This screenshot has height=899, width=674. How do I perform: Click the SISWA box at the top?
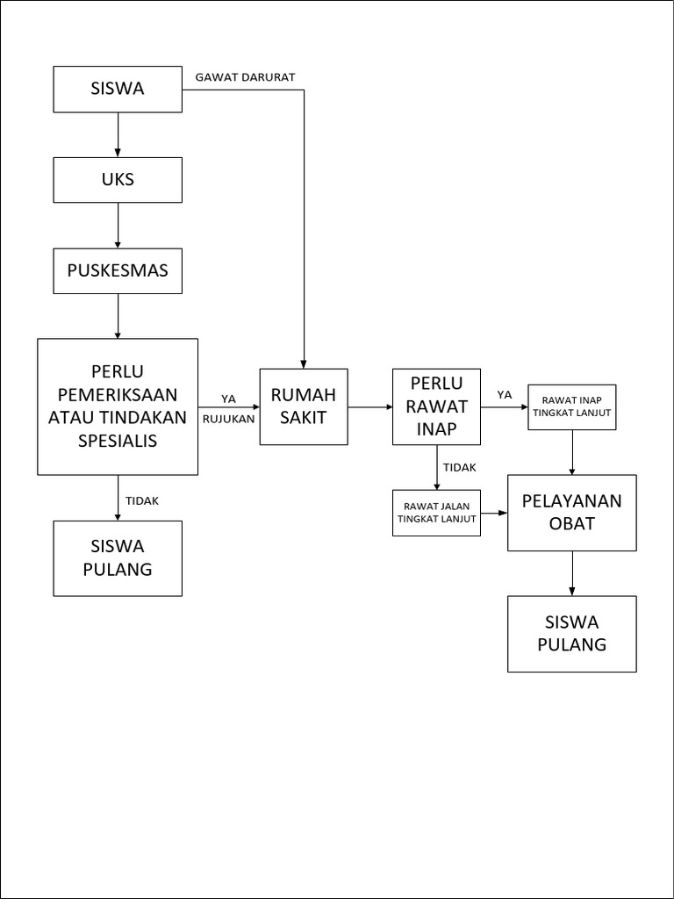pos(118,90)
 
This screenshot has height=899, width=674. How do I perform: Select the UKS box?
pos(118,180)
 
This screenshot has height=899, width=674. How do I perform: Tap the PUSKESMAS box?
pos(118,271)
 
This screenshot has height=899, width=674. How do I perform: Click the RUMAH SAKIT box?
pos(304,406)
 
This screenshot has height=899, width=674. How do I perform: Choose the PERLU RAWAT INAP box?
pos(436,406)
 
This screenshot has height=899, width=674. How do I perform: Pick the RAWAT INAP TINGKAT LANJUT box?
pos(572,406)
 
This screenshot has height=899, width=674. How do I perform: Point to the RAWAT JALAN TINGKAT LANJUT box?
pos(436,513)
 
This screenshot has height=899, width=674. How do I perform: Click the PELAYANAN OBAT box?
pos(572,513)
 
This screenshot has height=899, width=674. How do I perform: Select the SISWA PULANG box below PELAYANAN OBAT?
pos(572,634)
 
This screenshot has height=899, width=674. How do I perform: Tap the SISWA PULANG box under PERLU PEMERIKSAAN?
pos(118,558)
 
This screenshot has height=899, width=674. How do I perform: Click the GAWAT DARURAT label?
pos(245,77)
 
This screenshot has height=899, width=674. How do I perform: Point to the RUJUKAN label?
pos(228,419)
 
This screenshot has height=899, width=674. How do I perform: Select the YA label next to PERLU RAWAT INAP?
pos(505,395)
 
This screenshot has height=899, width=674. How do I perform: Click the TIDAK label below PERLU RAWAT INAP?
pos(460,468)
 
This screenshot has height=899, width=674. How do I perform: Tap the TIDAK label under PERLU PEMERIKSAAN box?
pos(142,500)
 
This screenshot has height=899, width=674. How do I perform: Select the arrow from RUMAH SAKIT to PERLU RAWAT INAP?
pos(369,407)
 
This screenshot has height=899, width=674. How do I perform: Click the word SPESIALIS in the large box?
pos(118,441)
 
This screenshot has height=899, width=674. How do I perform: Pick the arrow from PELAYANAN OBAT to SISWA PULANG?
pos(572,573)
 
